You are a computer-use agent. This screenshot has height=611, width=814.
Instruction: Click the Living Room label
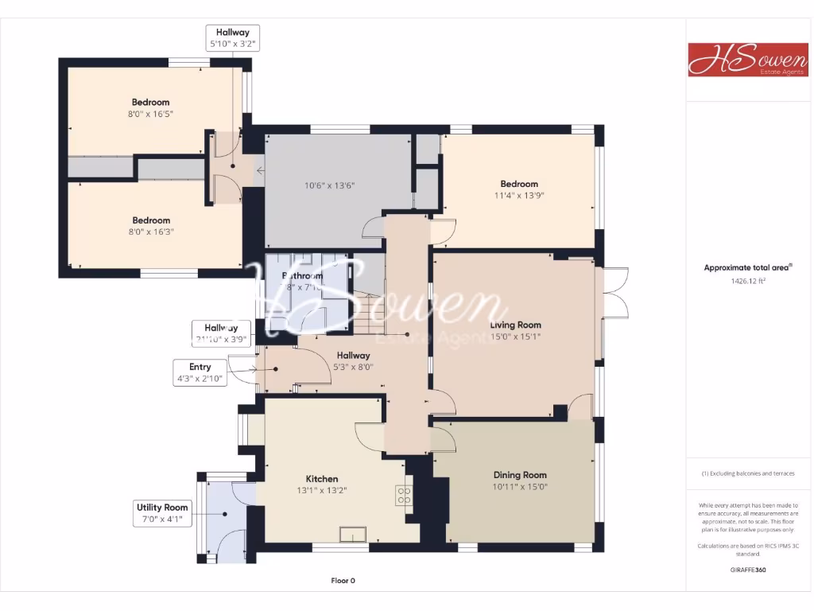point(515,325)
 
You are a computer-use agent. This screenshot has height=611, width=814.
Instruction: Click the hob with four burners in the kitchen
point(404,496)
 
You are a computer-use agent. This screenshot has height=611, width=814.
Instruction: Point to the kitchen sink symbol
point(352,535)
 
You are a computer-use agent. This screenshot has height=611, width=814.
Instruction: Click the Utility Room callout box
point(162,513)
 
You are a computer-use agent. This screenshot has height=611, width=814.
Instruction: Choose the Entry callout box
point(200,373)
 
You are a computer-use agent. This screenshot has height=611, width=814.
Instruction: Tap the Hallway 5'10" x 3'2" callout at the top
point(232,38)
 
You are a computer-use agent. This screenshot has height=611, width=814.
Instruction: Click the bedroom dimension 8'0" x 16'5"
point(150,114)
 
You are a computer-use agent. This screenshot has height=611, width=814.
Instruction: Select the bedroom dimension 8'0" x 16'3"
point(151,232)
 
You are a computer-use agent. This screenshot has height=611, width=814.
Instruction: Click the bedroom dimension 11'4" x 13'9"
point(518,195)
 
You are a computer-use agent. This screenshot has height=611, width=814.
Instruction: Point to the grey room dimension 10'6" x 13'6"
point(329,185)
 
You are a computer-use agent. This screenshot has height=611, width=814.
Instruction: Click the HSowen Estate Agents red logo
point(737,60)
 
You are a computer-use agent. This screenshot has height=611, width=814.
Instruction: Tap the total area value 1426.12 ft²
point(747,281)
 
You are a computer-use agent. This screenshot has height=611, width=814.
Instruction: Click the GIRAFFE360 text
point(747,570)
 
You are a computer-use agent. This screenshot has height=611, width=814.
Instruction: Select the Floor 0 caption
point(343,581)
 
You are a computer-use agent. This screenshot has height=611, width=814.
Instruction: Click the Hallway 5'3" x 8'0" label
point(354,361)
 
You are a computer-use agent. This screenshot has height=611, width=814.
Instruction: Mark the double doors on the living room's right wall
point(615,293)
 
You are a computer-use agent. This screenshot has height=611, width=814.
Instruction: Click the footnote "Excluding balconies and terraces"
point(747,473)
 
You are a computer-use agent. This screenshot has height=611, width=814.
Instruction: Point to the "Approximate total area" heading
point(746,268)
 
